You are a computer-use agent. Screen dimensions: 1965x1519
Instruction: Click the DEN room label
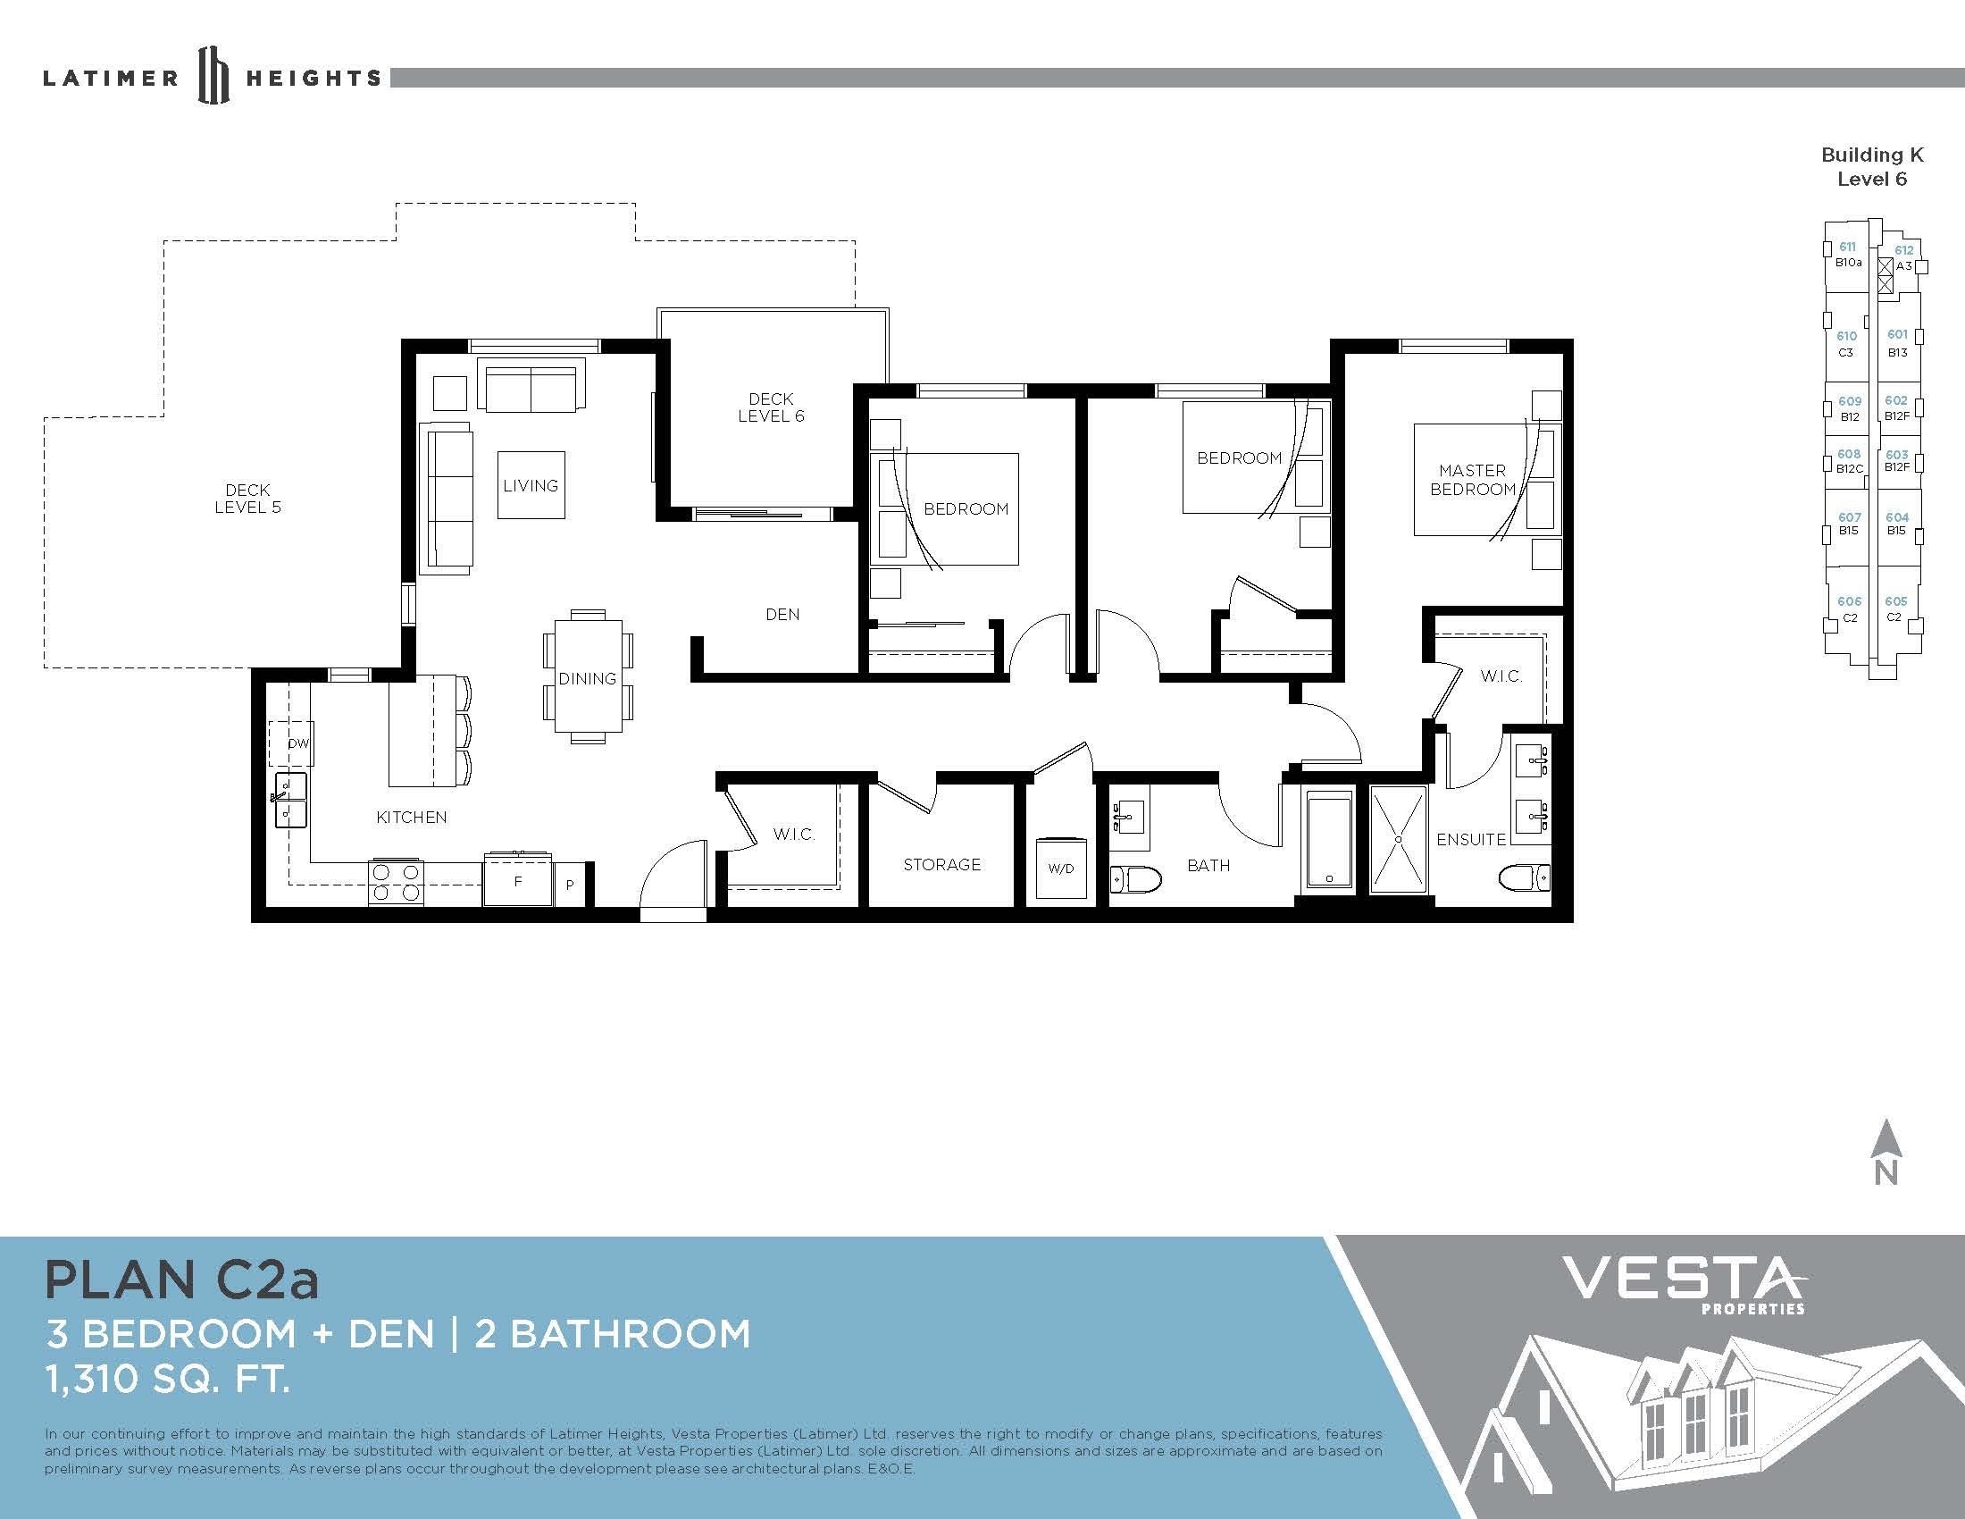click(782, 615)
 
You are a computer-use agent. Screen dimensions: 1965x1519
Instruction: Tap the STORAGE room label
click(942, 865)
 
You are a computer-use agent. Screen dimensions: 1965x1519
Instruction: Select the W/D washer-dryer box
click(1061, 869)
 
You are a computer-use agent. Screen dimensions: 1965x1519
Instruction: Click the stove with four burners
click(396, 883)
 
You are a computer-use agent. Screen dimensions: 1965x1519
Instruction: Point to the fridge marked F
click(518, 880)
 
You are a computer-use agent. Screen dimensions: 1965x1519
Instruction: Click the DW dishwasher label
click(297, 744)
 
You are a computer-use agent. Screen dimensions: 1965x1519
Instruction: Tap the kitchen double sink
click(289, 800)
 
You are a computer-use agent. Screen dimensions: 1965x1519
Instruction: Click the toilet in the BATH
click(1128, 878)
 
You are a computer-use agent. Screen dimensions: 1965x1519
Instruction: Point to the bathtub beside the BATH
click(1328, 841)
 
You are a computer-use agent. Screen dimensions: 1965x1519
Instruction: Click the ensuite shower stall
click(1398, 840)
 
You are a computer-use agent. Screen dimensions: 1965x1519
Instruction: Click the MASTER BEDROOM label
click(1473, 480)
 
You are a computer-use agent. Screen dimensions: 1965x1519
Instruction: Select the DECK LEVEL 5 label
click(247, 499)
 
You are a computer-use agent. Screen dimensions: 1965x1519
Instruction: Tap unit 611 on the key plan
click(1847, 247)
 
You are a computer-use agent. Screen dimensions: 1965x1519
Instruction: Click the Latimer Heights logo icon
click(213, 76)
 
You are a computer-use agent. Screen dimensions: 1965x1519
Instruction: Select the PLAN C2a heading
click(181, 1280)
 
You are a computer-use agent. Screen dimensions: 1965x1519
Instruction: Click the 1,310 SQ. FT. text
click(168, 1380)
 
